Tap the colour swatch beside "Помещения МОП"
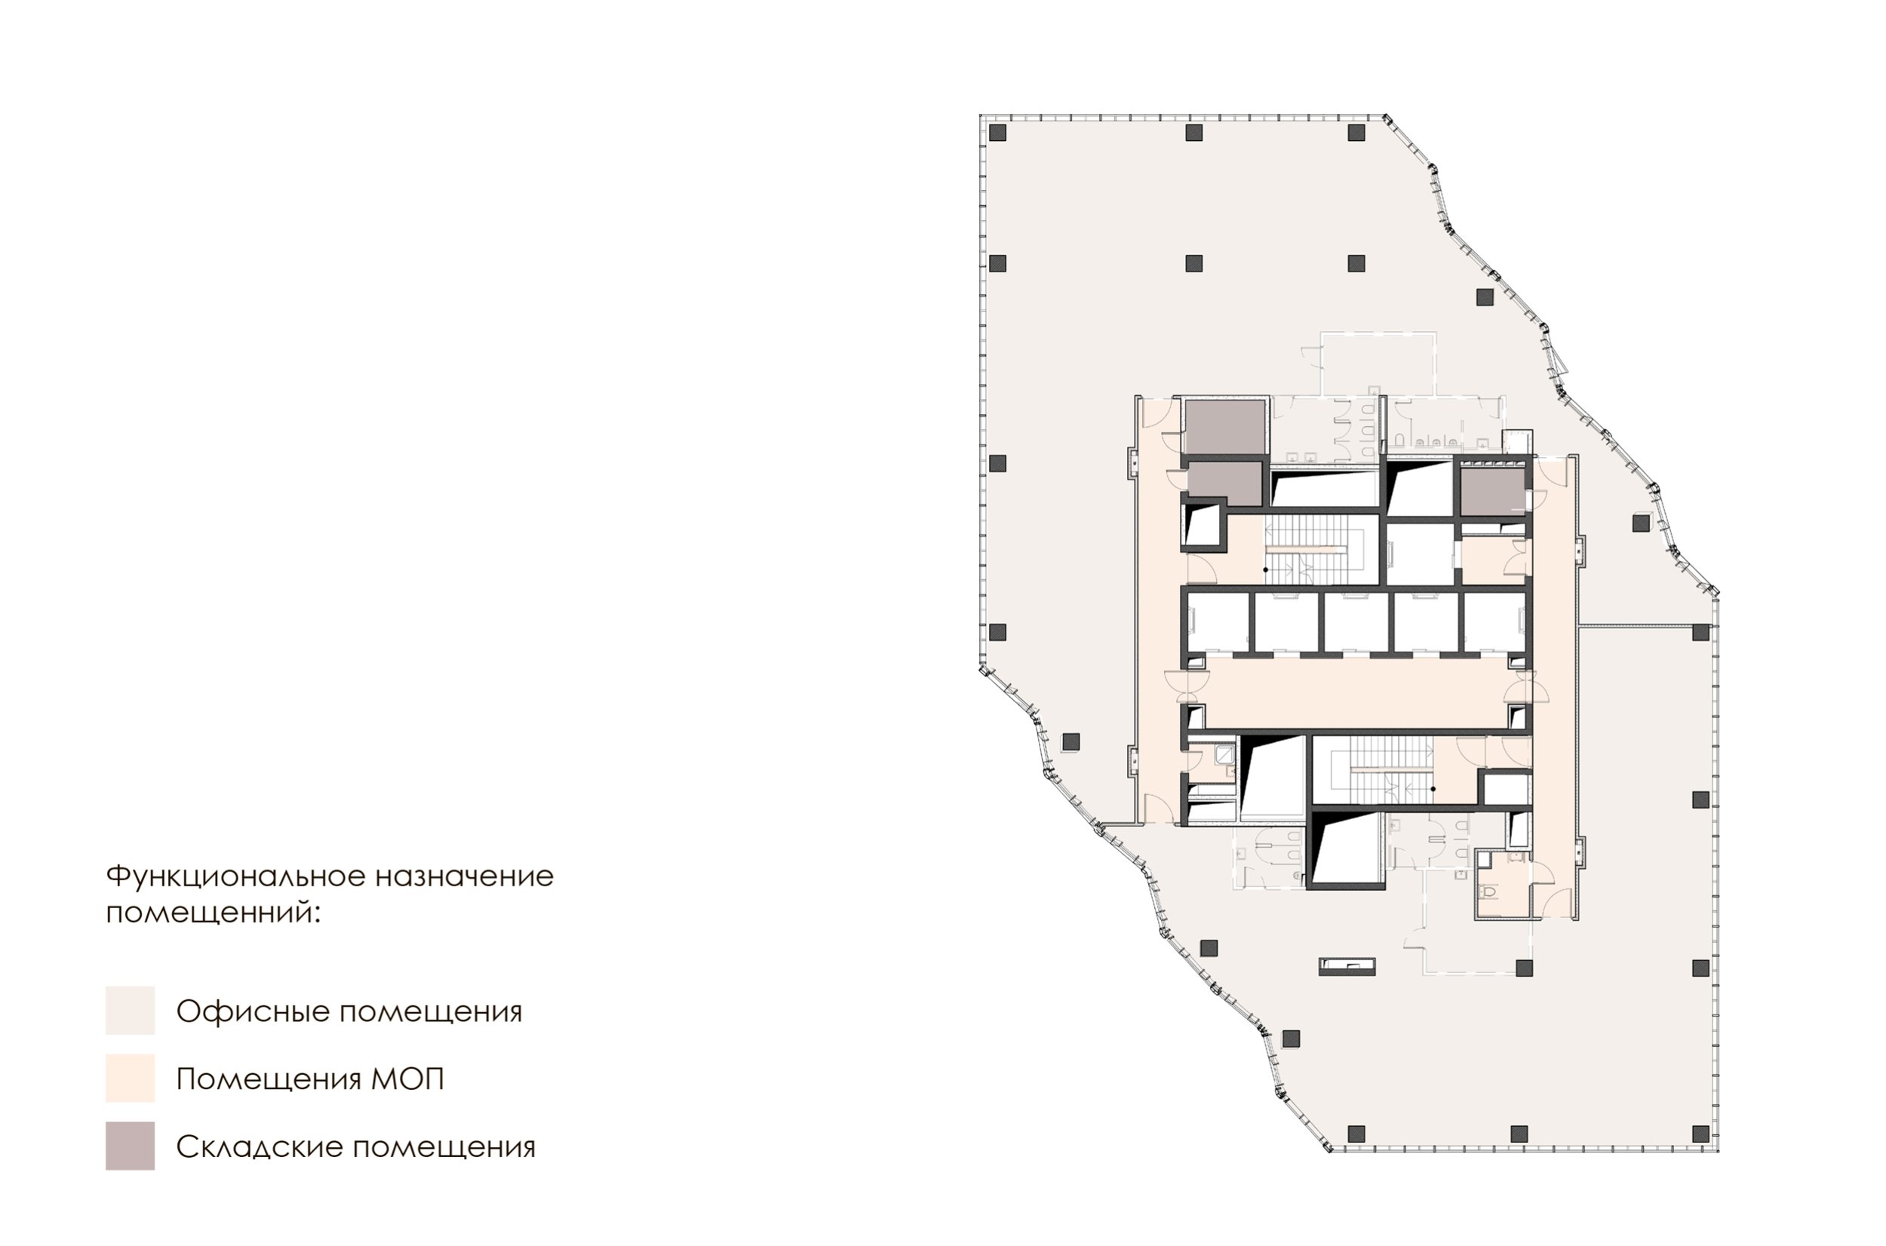131,1078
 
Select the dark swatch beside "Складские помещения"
131,1146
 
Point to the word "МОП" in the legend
407,1079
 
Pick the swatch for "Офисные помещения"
131,1010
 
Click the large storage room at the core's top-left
1224,428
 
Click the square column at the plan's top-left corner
998,133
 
